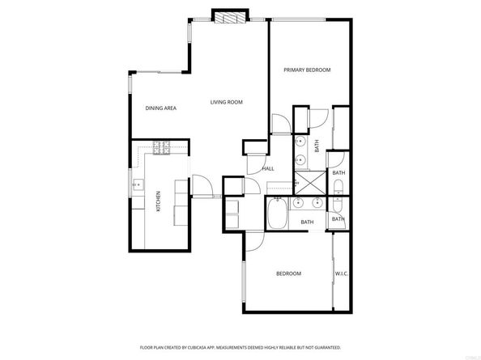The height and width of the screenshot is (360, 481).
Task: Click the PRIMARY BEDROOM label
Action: pyautogui.click(x=307, y=70)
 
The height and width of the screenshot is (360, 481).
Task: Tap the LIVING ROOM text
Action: pyautogui.click(x=227, y=102)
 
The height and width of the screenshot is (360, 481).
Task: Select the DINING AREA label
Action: pyautogui.click(x=161, y=108)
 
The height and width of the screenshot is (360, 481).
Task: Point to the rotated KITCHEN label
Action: pyautogui.click(x=158, y=199)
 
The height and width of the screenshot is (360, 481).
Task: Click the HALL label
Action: pyautogui.click(x=268, y=168)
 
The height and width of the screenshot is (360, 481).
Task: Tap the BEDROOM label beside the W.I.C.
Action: pyautogui.click(x=288, y=273)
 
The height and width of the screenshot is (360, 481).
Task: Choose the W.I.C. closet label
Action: pyautogui.click(x=341, y=273)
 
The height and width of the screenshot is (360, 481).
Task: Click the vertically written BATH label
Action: pyautogui.click(x=317, y=146)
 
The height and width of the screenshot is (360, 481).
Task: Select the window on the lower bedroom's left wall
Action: pyautogui.click(x=243, y=286)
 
